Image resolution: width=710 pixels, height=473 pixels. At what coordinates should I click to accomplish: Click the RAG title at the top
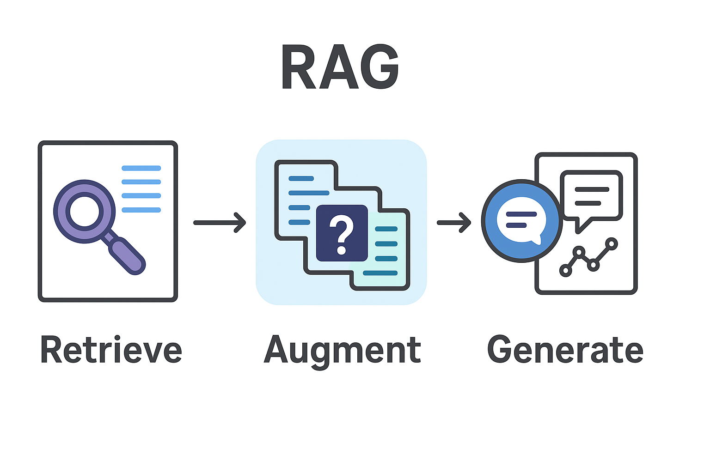[340, 67]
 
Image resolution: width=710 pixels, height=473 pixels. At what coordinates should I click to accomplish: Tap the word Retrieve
[111, 350]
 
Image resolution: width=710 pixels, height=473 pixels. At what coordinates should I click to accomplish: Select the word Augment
[342, 350]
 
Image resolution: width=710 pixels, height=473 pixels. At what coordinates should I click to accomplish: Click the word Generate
[565, 350]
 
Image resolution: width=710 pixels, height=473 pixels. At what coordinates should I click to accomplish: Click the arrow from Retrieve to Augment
[220, 223]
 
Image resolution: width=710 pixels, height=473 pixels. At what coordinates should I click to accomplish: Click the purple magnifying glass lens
[84, 212]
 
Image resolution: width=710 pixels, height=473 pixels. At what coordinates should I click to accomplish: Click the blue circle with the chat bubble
[521, 221]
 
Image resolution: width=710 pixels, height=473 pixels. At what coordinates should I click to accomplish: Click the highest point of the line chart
[612, 243]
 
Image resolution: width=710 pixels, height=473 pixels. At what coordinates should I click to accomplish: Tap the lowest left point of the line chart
[565, 271]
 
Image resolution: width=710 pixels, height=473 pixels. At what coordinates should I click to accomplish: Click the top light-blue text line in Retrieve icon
[141, 168]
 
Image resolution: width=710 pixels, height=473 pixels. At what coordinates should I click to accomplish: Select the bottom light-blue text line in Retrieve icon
[141, 210]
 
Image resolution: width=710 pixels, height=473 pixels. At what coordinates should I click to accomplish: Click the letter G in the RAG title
[378, 67]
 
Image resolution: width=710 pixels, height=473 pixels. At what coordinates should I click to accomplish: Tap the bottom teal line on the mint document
[380, 273]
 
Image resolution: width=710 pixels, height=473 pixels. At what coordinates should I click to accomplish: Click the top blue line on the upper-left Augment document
[301, 178]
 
